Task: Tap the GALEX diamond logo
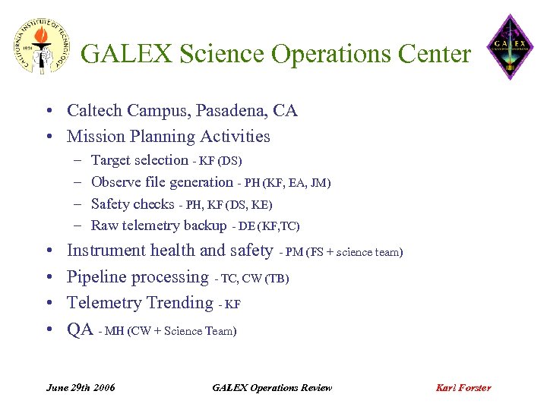[510, 47]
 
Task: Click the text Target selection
[139, 160]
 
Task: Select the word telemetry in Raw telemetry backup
[150, 225]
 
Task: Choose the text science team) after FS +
[369, 252]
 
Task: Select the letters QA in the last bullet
[80, 330]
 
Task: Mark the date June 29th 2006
[81, 387]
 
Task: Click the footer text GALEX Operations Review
[272, 387]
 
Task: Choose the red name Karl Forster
[463, 387]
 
